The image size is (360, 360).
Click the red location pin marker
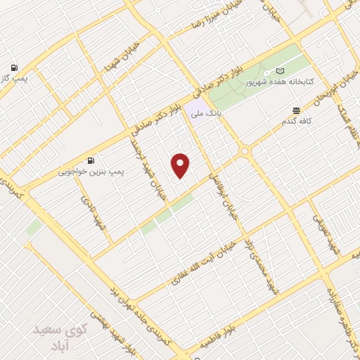click(181, 165)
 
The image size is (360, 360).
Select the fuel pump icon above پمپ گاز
click(13, 68)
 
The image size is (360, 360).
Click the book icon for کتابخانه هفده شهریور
click(281, 71)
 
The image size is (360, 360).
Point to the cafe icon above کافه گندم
click(296, 110)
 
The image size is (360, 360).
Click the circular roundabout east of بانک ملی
click(245, 150)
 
